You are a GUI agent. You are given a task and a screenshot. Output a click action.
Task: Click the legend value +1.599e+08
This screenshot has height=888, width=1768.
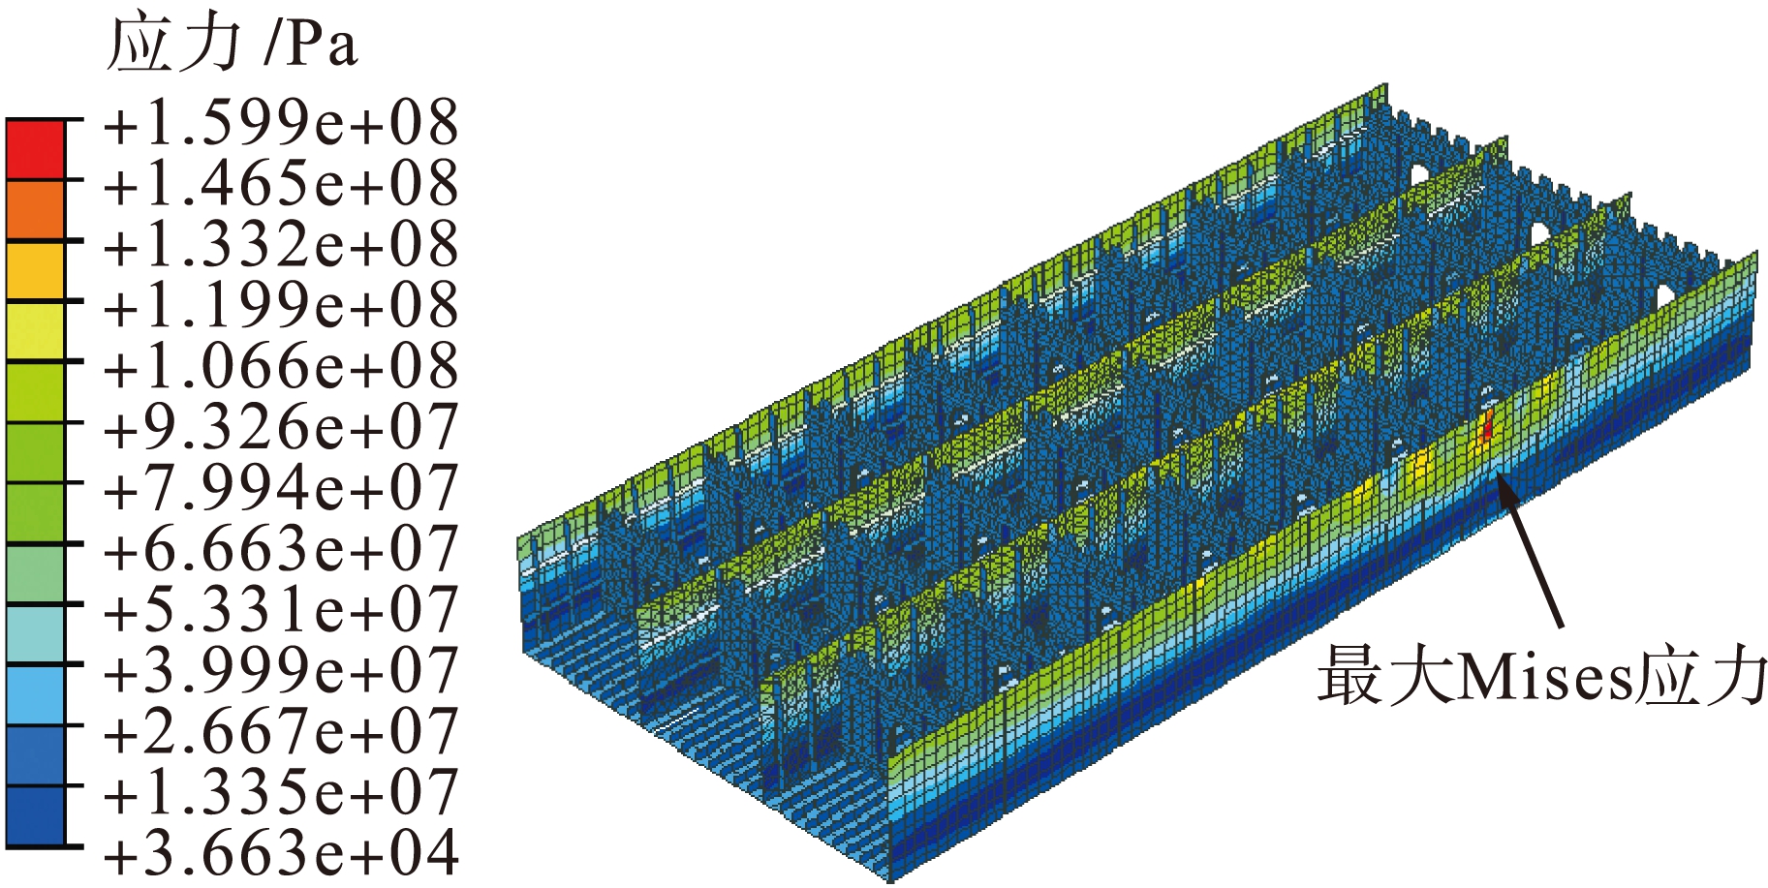click(281, 124)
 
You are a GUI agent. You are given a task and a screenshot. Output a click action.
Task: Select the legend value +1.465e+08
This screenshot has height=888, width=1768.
click(281, 184)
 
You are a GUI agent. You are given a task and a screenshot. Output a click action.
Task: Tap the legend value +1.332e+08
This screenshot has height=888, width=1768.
click(281, 245)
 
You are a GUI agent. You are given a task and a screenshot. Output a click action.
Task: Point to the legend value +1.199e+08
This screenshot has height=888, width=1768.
click(281, 306)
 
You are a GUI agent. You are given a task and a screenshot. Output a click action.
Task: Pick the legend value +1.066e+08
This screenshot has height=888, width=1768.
click(281, 367)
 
